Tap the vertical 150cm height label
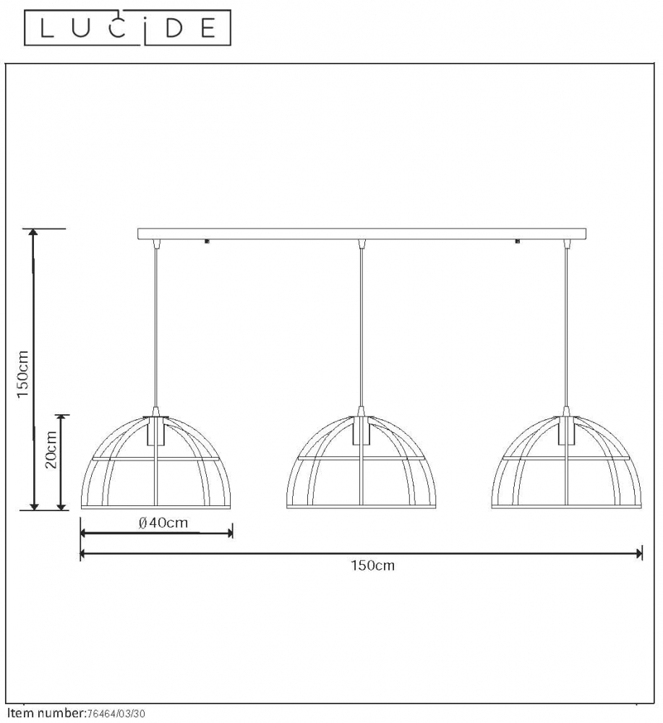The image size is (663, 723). tap(22, 375)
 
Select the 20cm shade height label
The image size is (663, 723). tap(51, 450)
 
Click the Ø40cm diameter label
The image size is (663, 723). tap(163, 523)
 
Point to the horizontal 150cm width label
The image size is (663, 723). tap(372, 565)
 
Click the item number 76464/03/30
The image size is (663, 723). tap(116, 714)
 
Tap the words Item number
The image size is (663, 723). tap(46, 714)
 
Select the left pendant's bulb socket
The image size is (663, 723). tap(157, 431)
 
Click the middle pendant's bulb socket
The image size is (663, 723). tap(362, 431)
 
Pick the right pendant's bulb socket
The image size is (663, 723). tap(567, 431)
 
